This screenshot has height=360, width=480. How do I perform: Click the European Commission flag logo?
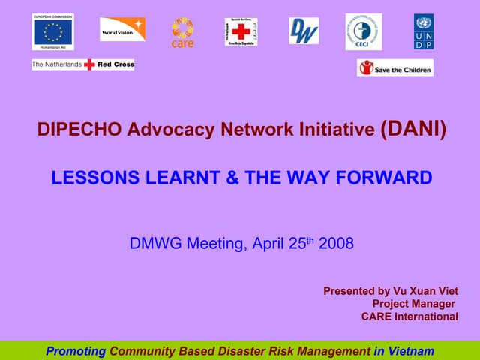click(52, 32)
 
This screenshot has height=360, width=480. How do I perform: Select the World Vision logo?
click(123, 29)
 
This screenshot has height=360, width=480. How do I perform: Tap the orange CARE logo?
click(182, 32)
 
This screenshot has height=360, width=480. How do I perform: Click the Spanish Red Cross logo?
click(241, 32)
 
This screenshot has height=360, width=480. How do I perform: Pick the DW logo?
click(304, 31)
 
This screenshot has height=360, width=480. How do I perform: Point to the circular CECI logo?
click(363, 32)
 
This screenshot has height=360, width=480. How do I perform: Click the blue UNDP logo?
click(423, 31)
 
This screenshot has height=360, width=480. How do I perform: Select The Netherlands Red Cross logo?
click(83, 65)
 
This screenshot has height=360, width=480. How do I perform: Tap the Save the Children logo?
click(395, 67)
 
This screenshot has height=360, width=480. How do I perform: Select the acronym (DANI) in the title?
click(413, 130)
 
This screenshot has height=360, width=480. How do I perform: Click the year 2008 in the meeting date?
click(336, 243)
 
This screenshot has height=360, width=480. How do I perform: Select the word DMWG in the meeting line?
click(156, 243)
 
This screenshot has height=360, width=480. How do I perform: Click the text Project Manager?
click(413, 304)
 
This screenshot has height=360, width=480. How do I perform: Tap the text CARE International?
click(409, 316)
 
